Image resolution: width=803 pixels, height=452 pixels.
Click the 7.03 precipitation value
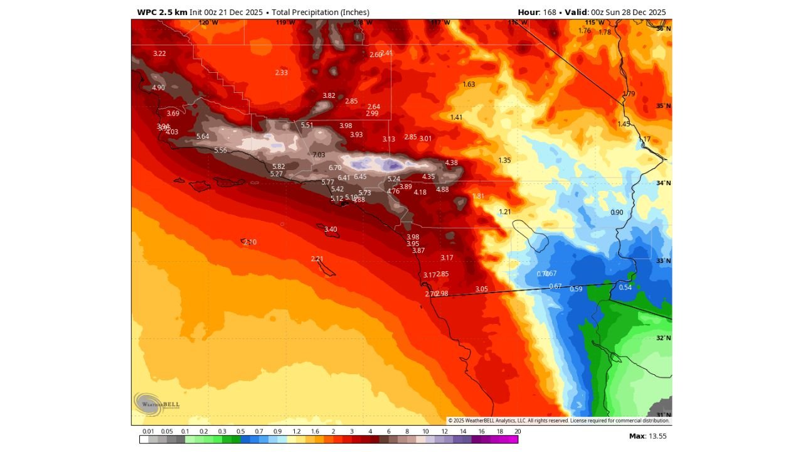[319, 154]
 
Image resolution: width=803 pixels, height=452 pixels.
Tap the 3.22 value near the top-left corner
[159, 53]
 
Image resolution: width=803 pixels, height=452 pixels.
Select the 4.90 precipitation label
[158, 87]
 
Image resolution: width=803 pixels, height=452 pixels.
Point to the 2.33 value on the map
[281, 73]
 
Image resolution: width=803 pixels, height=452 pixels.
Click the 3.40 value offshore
[331, 229]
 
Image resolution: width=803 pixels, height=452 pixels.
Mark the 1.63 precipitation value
[469, 84]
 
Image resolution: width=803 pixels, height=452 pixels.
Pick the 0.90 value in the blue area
[617, 212]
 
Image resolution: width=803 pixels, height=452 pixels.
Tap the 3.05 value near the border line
[481, 289]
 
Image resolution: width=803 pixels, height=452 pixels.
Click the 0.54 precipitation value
[625, 288]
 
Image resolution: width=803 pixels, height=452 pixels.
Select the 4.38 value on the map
[451, 163]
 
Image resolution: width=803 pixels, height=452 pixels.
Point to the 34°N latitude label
[663, 183]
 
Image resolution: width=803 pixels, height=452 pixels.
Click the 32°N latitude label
[663, 338]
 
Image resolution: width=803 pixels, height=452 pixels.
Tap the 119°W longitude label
[285, 23]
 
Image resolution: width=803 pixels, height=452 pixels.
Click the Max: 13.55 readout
[647, 436]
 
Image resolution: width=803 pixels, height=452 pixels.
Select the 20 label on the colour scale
[517, 431]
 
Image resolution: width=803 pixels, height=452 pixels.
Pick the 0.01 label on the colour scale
[148, 431]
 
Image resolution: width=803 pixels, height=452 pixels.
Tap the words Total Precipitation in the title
[320, 13]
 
